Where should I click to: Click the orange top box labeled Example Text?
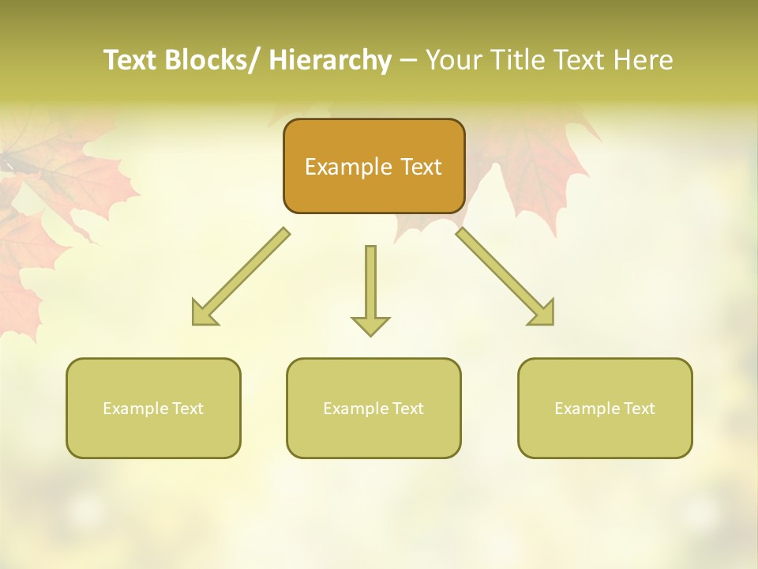(x=373, y=166)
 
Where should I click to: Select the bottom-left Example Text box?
(x=153, y=408)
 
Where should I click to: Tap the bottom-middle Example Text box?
(x=373, y=408)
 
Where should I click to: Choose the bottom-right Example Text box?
(x=605, y=408)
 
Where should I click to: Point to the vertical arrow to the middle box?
(x=370, y=284)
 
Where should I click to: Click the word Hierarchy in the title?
(x=329, y=60)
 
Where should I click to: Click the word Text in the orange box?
(x=420, y=167)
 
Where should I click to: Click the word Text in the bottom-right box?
(x=639, y=409)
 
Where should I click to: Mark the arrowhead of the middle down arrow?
(x=370, y=326)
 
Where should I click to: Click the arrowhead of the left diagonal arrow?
(x=202, y=314)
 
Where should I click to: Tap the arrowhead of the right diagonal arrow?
(x=543, y=314)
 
